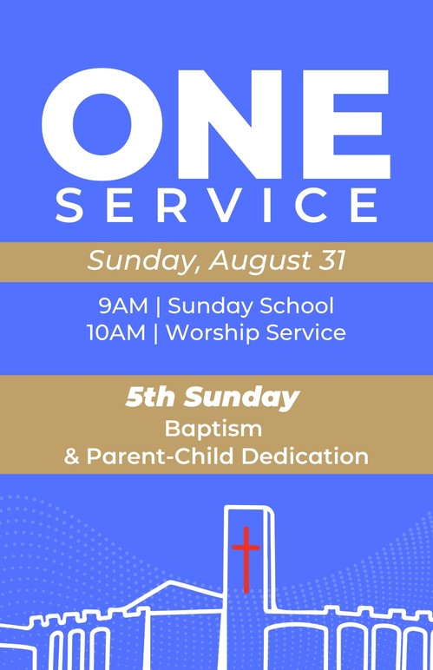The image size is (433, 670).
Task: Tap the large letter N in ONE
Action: click(x=230, y=124)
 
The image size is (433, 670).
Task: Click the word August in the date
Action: click(x=259, y=260)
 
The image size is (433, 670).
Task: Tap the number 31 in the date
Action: click(x=331, y=259)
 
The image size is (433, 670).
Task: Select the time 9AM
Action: click(x=123, y=306)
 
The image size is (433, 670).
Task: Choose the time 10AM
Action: click(x=116, y=332)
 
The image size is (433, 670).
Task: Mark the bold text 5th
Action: click(x=150, y=397)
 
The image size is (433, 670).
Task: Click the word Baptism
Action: click(x=213, y=428)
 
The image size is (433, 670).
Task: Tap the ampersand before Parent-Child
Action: click(x=72, y=456)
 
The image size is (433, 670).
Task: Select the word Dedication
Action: click(x=305, y=456)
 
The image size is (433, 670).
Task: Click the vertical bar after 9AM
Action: click(x=158, y=307)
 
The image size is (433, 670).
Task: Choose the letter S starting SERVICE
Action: click(x=69, y=205)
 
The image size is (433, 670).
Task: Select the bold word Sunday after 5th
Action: click(x=242, y=398)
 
